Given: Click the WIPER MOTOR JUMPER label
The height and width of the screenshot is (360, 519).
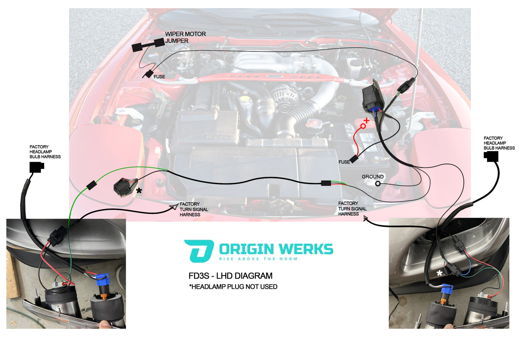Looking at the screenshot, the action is pyautogui.click(x=185, y=37).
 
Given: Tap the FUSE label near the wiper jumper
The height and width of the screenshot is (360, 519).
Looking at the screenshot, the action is pyautogui.click(x=159, y=77).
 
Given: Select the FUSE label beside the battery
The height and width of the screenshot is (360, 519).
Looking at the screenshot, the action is pyautogui.click(x=344, y=162).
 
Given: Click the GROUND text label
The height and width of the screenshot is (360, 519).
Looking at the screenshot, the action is pyautogui.click(x=372, y=177).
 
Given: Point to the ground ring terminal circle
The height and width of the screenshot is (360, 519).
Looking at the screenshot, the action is pyautogui.click(x=377, y=184).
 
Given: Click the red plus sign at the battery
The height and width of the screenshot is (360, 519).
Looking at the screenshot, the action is pyautogui.click(x=367, y=120).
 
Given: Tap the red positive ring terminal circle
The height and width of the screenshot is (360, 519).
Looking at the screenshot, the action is pyautogui.click(x=363, y=126).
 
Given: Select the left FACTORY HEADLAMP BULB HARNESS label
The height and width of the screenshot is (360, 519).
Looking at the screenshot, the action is pyautogui.click(x=45, y=152).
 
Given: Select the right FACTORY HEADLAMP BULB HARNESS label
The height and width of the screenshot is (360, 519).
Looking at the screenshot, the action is pyautogui.click(x=499, y=143).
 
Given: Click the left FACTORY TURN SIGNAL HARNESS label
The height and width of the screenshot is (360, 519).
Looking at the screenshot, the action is pyautogui.click(x=194, y=209).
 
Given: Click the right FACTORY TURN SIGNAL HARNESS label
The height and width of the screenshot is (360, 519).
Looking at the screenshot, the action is pyautogui.click(x=352, y=209).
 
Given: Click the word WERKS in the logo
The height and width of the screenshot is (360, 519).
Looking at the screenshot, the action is pyautogui.click(x=306, y=249).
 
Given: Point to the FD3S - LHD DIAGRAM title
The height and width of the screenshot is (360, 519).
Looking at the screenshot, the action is pyautogui.click(x=231, y=276).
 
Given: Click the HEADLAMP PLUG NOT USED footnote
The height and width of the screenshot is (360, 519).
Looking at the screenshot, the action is pyautogui.click(x=233, y=287).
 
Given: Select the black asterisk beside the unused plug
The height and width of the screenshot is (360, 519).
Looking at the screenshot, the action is pyautogui.click(x=139, y=191).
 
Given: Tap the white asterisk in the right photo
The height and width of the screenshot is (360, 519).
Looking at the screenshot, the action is pyautogui.click(x=439, y=273).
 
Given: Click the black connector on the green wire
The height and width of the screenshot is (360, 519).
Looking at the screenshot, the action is pyautogui.click(x=91, y=185).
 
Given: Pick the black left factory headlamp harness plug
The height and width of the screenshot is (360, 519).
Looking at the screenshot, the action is pyautogui.click(x=37, y=167).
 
